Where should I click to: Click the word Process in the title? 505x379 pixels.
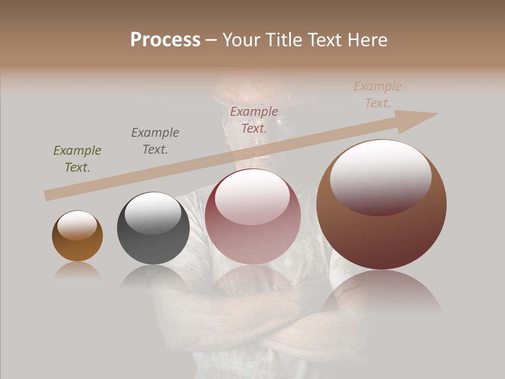(x=165, y=40)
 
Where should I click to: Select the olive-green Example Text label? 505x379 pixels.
(x=77, y=158)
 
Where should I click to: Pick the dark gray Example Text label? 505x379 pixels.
(x=155, y=141)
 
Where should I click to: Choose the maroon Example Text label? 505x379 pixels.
(x=254, y=119)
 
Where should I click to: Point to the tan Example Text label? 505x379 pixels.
(x=378, y=94)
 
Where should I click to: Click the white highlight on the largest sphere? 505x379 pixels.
(x=380, y=176)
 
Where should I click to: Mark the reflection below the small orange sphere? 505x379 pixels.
(x=77, y=271)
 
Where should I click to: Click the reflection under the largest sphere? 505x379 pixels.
(x=381, y=292)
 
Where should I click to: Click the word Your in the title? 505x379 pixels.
(x=241, y=40)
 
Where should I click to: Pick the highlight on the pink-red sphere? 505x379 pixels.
(x=252, y=196)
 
